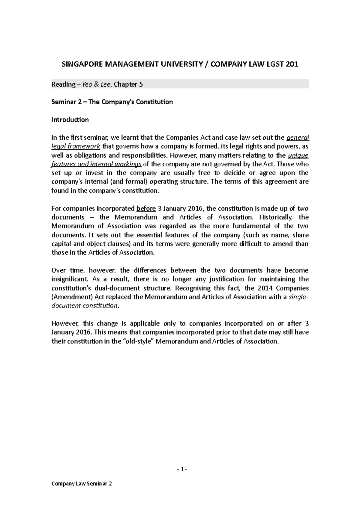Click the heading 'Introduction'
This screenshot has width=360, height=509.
[x=70, y=120]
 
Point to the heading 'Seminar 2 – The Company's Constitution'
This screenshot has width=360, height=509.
[x=112, y=102]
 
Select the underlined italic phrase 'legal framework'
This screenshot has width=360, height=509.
[x=76, y=146]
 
